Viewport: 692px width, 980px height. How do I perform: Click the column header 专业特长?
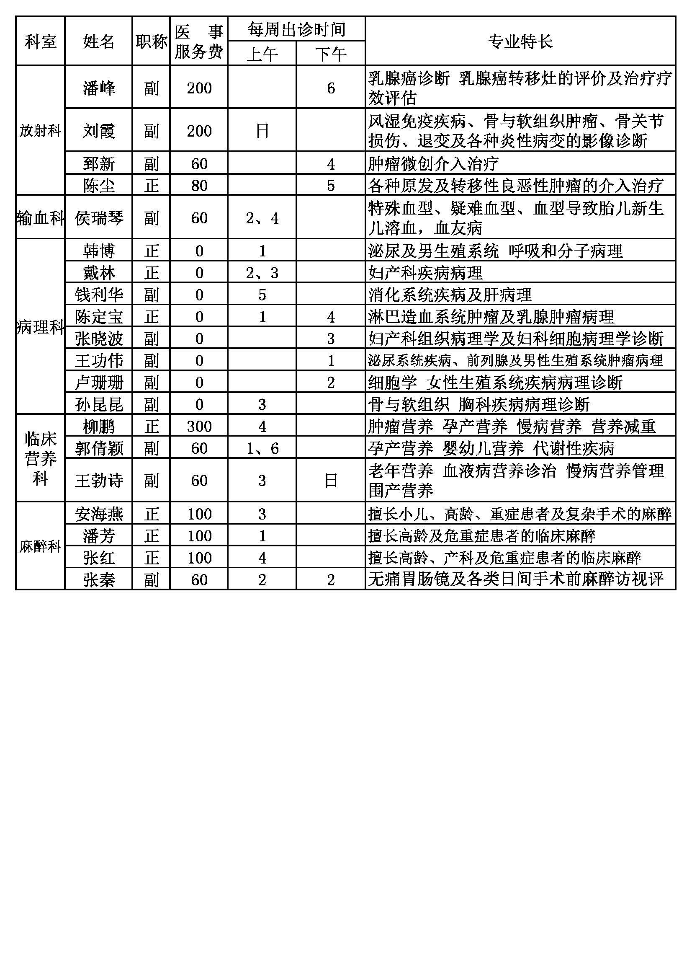(x=520, y=41)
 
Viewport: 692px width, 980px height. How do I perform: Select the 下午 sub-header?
(x=330, y=54)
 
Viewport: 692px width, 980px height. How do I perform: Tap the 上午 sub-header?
(x=262, y=54)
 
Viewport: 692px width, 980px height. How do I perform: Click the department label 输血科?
(x=40, y=218)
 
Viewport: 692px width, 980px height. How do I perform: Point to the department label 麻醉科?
(x=40, y=546)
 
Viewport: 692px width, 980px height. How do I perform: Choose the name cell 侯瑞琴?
(x=99, y=218)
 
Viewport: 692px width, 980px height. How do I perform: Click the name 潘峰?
(x=99, y=88)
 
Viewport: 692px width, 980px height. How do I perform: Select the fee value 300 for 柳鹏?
(x=199, y=426)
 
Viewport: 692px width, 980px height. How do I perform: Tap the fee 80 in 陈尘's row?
(x=199, y=185)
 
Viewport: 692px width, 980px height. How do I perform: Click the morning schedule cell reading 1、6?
(x=262, y=448)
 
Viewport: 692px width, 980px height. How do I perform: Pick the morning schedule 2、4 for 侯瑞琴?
(x=262, y=218)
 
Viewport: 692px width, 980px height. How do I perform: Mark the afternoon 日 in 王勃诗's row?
(x=331, y=481)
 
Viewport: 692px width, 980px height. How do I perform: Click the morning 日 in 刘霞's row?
(x=262, y=131)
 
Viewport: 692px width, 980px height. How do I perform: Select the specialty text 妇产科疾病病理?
(x=425, y=273)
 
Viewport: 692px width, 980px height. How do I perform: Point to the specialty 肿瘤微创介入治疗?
(x=433, y=163)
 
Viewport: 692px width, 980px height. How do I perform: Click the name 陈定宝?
(x=99, y=317)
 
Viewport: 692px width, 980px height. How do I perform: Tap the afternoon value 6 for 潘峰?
(x=331, y=88)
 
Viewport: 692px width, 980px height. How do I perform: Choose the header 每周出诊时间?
(x=296, y=29)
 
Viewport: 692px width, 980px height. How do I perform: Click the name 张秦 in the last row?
(x=99, y=579)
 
